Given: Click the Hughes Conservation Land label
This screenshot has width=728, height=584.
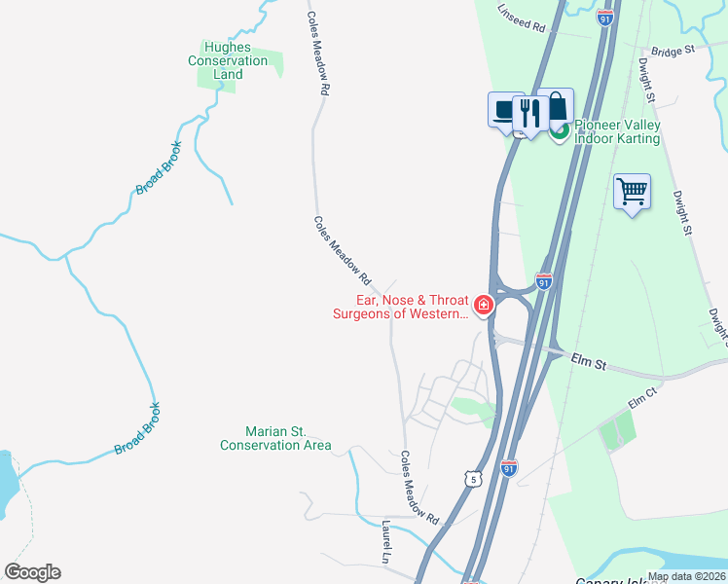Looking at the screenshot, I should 228,60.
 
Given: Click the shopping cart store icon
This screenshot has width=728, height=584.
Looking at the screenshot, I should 632,191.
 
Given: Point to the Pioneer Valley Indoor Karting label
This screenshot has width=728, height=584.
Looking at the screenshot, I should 617,131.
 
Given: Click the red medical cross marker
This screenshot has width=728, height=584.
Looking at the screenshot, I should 484,306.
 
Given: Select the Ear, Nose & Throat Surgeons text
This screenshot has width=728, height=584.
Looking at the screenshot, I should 400,307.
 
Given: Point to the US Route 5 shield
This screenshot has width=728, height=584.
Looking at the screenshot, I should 473,479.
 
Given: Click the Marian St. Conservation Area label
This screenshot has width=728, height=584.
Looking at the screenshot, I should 275,438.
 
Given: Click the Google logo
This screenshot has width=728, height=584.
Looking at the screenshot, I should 32,572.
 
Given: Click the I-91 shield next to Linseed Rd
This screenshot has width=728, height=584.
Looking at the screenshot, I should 605,18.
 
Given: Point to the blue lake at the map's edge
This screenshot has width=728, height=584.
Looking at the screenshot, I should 5,482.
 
